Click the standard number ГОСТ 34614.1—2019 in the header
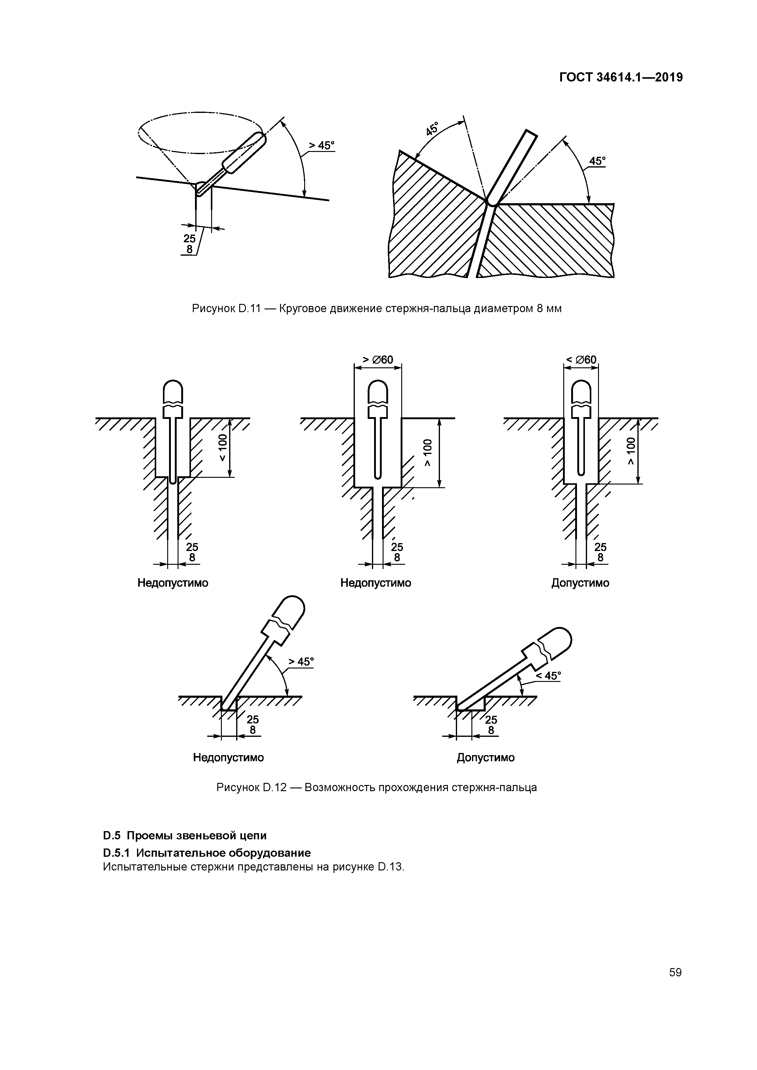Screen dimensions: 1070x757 pyautogui.click(x=621, y=77)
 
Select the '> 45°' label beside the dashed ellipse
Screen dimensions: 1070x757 pyautogui.click(x=322, y=146)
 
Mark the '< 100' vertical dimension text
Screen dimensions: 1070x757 pyautogui.click(x=223, y=447)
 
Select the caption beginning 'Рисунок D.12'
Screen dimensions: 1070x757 pyautogui.click(x=377, y=787)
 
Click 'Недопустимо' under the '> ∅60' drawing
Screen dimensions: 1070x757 pyautogui.click(x=376, y=583)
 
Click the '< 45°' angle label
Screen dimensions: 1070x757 pyautogui.click(x=548, y=676)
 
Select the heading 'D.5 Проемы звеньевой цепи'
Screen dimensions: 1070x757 pyautogui.click(x=185, y=835)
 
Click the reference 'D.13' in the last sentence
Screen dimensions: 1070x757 pyautogui.click(x=390, y=867)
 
